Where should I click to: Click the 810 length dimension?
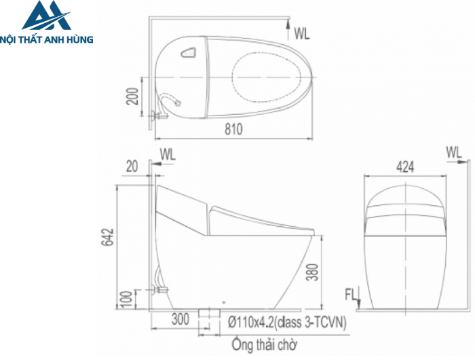point(233,128)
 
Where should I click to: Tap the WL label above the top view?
point(301,32)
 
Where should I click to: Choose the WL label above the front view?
point(455,151)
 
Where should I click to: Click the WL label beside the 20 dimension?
point(168,154)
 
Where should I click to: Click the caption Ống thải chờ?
point(264,344)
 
